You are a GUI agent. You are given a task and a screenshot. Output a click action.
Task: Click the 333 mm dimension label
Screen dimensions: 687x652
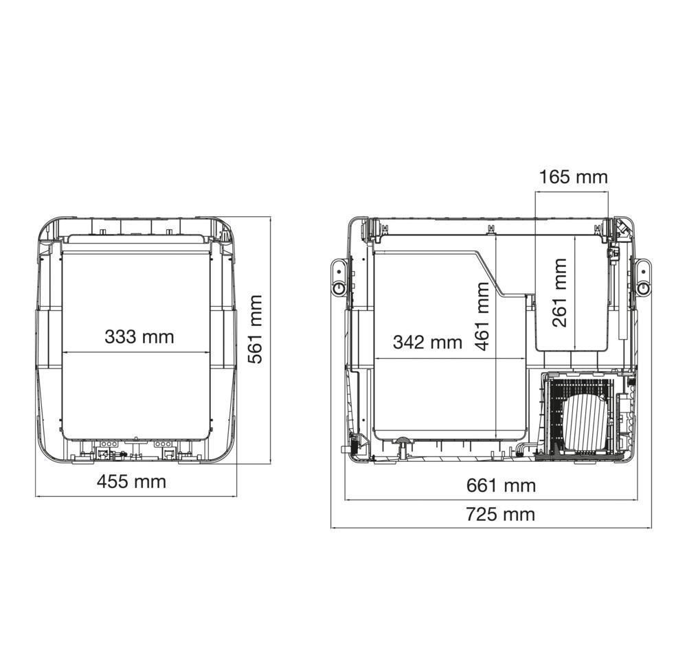139,337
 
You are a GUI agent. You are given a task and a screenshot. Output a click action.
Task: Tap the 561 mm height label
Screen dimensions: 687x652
255,329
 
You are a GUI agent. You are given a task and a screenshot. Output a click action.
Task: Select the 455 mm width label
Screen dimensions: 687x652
131,482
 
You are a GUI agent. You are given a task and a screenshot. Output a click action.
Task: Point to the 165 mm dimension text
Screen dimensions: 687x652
573,177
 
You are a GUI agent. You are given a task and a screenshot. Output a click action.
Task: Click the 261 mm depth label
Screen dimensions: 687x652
559,293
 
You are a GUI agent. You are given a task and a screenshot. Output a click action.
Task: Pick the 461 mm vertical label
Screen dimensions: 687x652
482,316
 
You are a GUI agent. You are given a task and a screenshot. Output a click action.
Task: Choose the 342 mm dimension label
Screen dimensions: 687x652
427,342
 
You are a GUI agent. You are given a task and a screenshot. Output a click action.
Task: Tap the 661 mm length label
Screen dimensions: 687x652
501,485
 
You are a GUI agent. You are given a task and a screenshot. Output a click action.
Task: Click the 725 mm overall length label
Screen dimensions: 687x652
500,514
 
